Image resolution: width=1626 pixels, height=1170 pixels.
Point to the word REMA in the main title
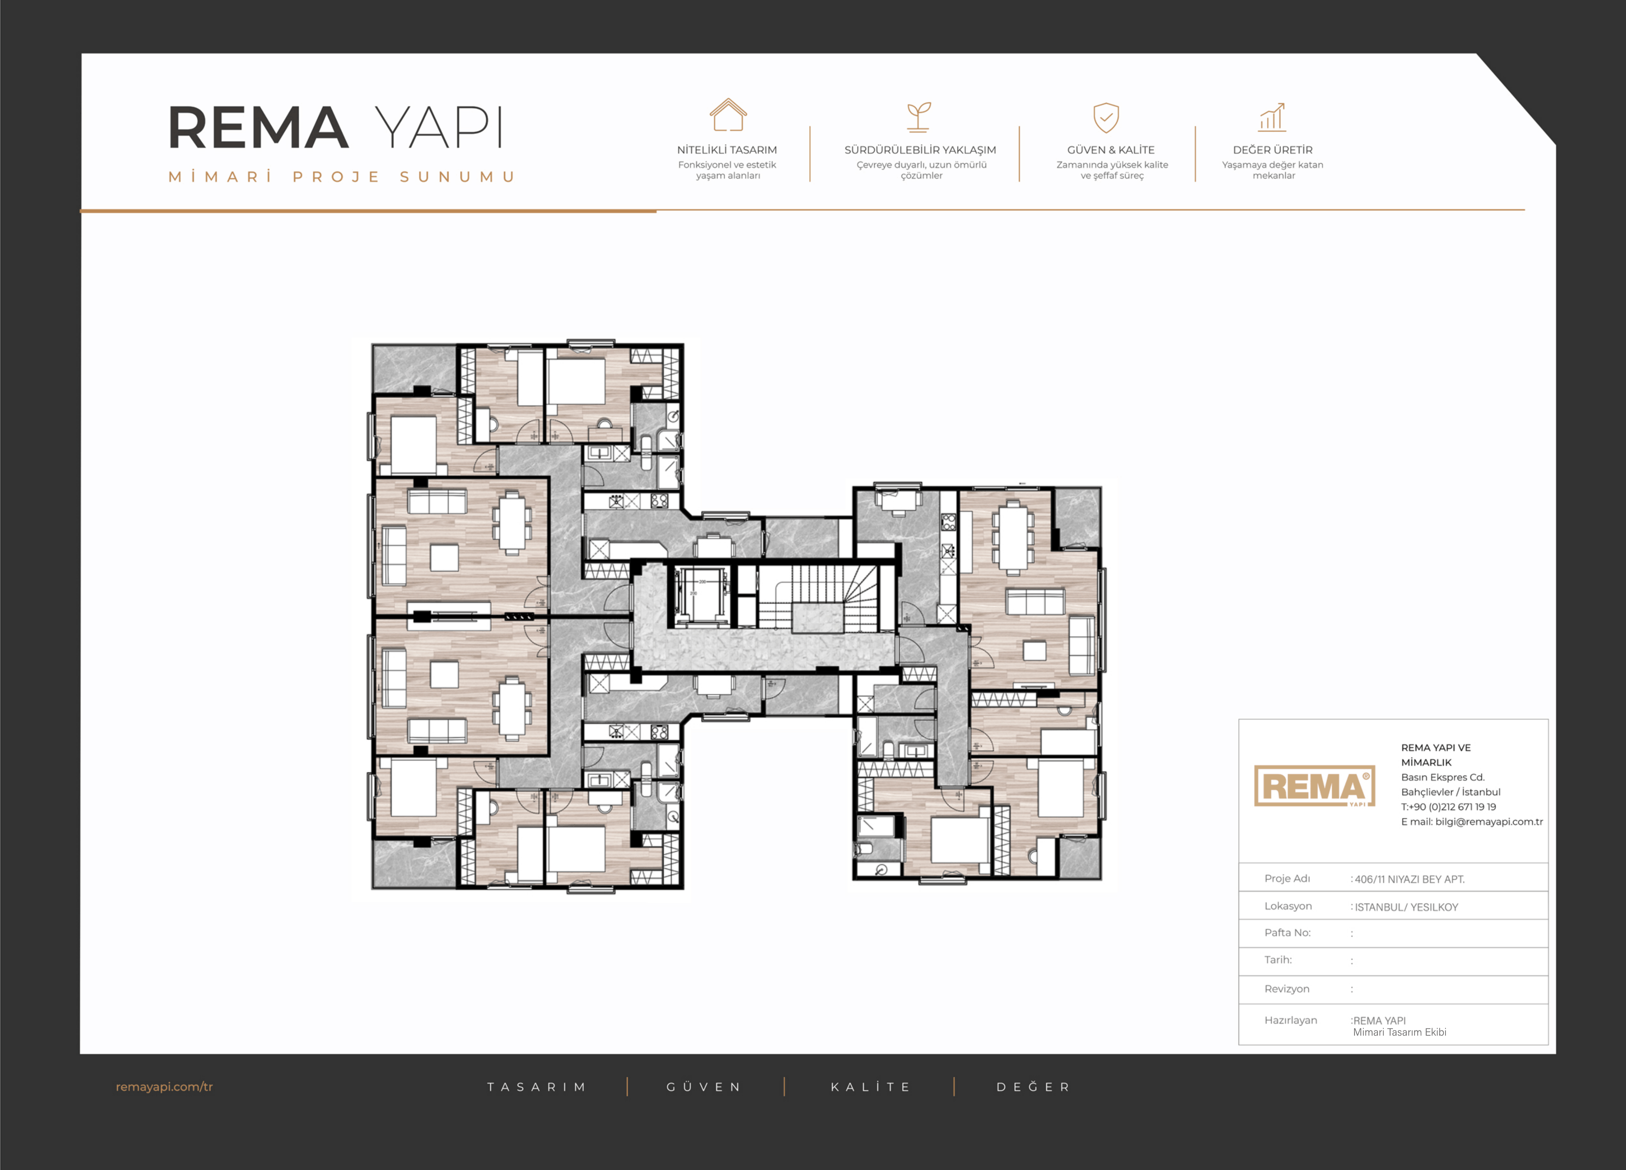coord(258,128)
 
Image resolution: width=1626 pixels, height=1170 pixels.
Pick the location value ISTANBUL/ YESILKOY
coord(1406,907)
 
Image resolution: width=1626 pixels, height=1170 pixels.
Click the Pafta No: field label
coord(1288,933)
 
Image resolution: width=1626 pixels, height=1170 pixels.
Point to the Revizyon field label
coord(1287,989)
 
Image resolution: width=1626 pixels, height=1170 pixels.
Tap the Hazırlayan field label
coord(1290,1020)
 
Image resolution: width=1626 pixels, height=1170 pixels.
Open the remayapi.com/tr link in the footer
coord(164,1087)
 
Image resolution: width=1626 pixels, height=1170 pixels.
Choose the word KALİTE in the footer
coord(870,1087)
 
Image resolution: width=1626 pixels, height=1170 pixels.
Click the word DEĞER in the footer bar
coord(1033,1087)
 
